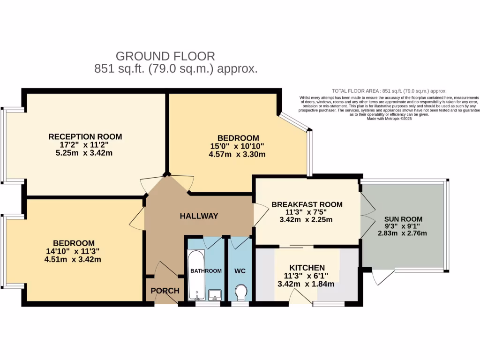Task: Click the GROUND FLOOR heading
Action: (x=165, y=56)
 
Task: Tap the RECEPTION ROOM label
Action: (x=85, y=137)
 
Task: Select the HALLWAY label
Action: (x=199, y=216)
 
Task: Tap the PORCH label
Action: (x=165, y=291)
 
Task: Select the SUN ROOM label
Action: (x=403, y=219)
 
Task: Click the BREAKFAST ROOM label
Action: (x=307, y=204)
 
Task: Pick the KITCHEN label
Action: (x=307, y=268)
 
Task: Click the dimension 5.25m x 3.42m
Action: (x=85, y=153)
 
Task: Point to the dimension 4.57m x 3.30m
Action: (x=238, y=154)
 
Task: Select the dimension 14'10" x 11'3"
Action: (x=74, y=251)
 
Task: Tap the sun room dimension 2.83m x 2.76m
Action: (x=403, y=234)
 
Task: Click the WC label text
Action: (x=240, y=271)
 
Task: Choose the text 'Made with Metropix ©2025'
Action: (x=389, y=119)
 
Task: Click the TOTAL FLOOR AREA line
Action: (x=389, y=91)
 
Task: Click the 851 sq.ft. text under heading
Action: (x=176, y=69)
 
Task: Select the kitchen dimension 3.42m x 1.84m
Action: (x=307, y=284)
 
